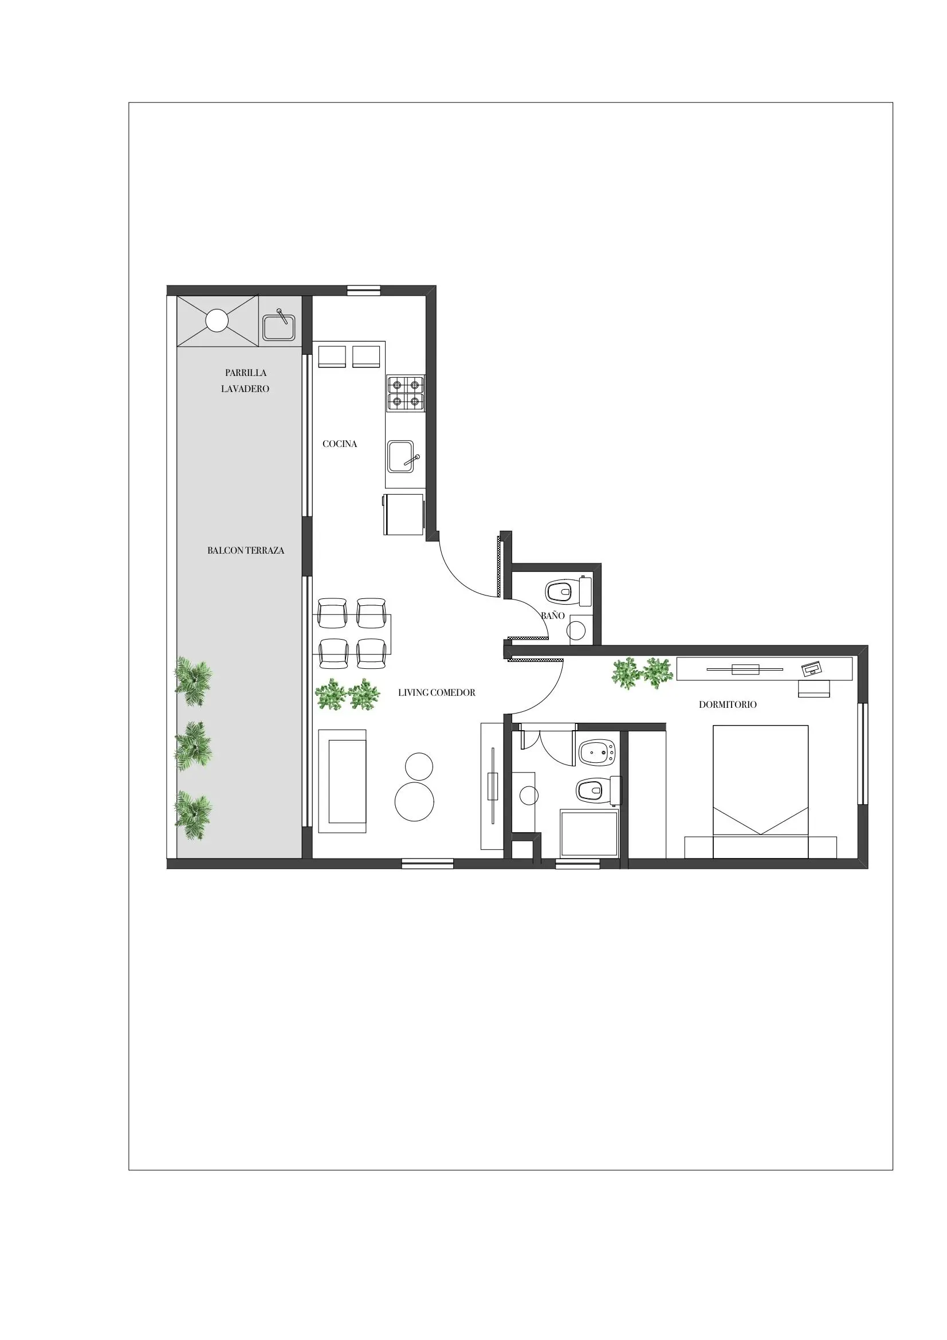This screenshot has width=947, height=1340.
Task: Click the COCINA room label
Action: click(340, 444)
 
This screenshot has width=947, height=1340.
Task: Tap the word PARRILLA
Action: click(246, 373)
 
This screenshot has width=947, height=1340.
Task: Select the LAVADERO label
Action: click(245, 389)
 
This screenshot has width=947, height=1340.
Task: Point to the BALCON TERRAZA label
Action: click(246, 551)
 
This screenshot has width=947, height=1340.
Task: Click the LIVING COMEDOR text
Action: click(437, 693)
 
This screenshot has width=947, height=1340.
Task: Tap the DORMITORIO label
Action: click(728, 705)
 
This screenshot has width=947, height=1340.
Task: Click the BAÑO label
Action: click(553, 615)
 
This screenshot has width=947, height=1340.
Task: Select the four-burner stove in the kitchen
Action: click(406, 393)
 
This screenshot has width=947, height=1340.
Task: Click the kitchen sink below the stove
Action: click(402, 456)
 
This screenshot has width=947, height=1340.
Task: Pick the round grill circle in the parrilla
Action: click(217, 320)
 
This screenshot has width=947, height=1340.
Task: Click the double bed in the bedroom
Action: click(760, 791)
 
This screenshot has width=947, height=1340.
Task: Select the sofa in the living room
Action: click(342, 781)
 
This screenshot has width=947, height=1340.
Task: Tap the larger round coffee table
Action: click(414, 801)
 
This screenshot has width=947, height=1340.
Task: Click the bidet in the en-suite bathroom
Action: click(596, 753)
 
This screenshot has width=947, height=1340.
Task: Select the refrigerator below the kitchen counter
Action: click(403, 514)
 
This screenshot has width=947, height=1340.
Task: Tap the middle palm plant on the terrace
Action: click(194, 746)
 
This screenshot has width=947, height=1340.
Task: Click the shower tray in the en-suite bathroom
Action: click(589, 833)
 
